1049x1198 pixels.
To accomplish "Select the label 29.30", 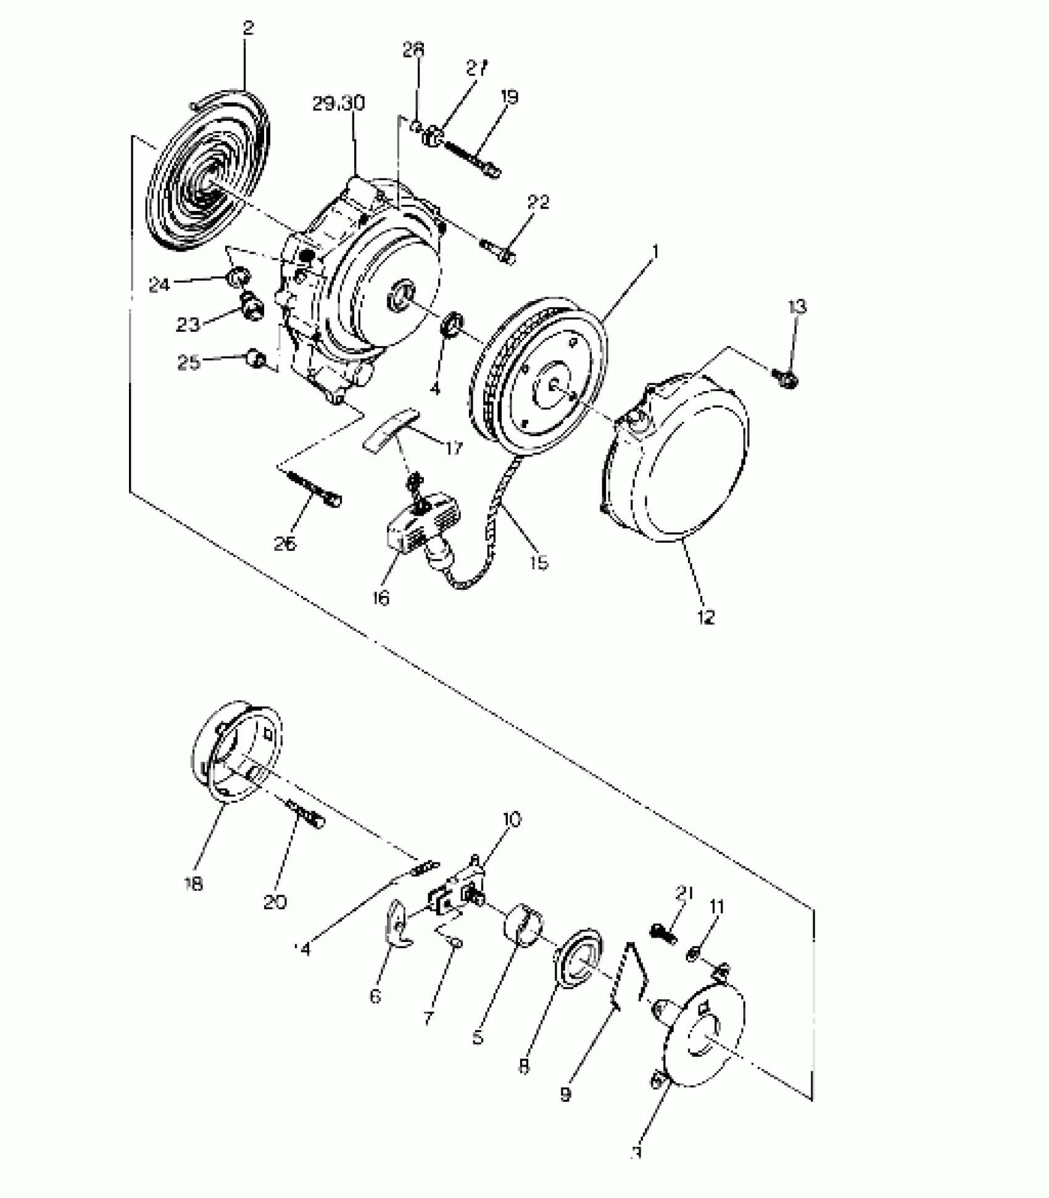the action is click(338, 104).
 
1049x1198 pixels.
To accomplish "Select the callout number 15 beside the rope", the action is click(538, 563).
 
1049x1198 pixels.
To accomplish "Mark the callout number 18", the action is click(193, 883).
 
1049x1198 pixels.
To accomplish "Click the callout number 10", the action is click(512, 820).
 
